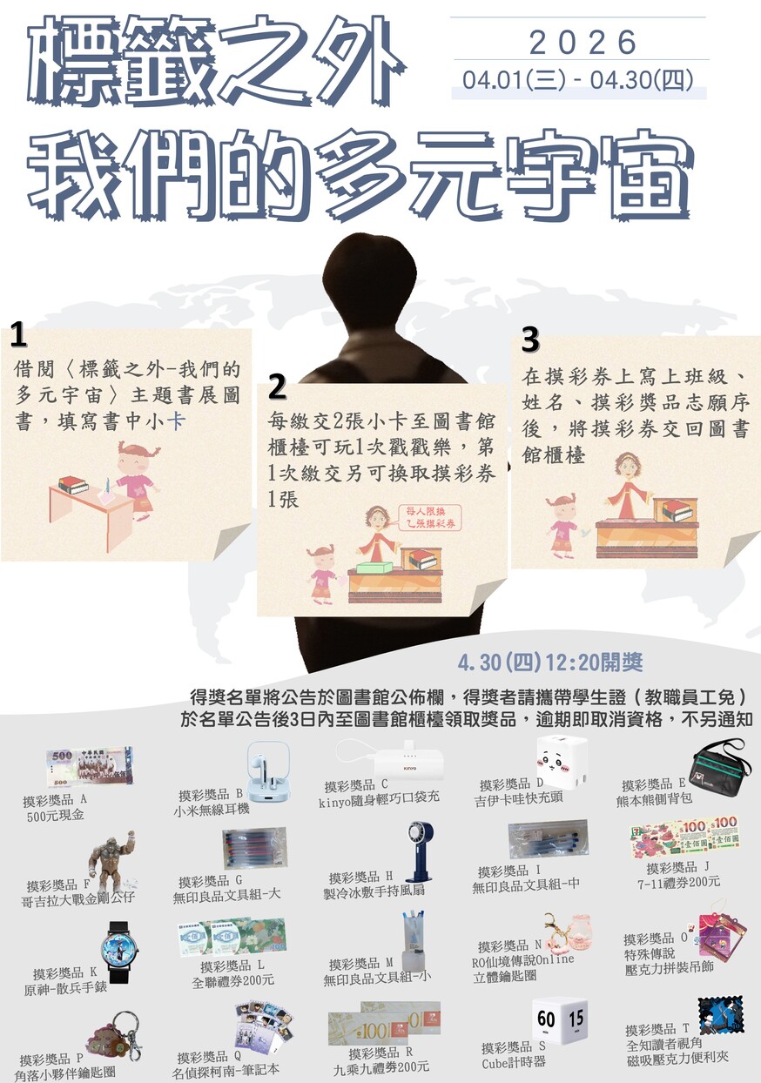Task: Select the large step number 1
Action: (x=17, y=335)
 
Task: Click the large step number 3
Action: (x=530, y=339)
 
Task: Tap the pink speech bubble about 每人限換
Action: (x=430, y=517)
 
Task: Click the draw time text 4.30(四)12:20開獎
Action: (x=550, y=663)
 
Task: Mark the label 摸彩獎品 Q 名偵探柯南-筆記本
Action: (x=228, y=1064)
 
